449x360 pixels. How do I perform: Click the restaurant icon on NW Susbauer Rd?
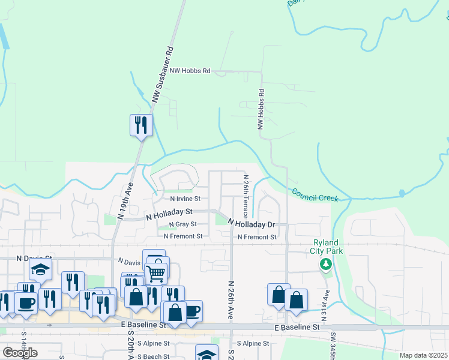[x=141, y=125]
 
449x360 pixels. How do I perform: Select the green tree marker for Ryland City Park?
[x=325, y=264]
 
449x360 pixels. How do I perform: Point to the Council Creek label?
[x=315, y=195]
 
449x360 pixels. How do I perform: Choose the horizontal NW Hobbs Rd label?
[x=190, y=71]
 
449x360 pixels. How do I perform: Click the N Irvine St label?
[x=185, y=199]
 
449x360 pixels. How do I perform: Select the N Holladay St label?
[x=169, y=212]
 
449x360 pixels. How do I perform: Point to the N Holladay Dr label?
[x=251, y=224]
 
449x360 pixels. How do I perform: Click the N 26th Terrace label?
[x=246, y=196]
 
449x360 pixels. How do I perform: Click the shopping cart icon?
[x=155, y=273]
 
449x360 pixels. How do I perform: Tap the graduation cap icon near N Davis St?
[x=40, y=270]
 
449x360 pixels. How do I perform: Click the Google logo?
[x=19, y=353]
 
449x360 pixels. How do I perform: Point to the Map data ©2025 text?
[x=423, y=355]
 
